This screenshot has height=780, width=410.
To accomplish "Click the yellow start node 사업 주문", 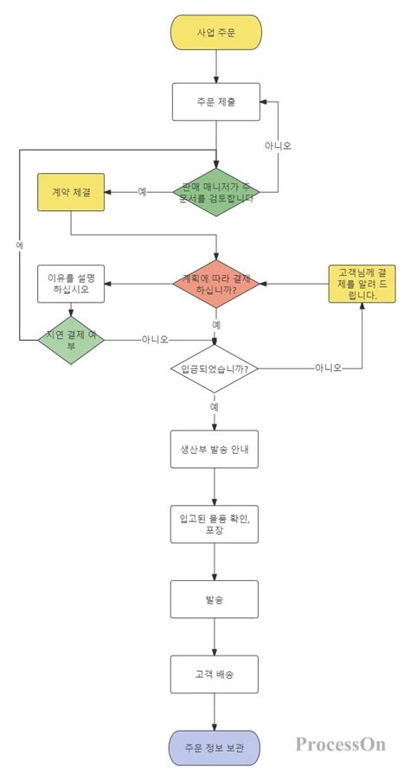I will click(215, 32).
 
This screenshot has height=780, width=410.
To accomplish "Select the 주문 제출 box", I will click(215, 104).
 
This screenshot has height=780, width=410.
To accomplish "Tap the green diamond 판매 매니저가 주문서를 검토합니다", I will click(215, 191).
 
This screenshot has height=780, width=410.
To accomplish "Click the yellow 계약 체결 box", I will click(71, 191).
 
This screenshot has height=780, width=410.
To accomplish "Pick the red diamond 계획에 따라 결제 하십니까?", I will click(215, 284).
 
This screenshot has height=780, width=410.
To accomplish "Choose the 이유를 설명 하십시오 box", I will click(71, 285).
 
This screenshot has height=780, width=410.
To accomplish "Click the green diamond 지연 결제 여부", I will click(71, 339).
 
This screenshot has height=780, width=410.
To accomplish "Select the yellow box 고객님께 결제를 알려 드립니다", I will click(362, 283).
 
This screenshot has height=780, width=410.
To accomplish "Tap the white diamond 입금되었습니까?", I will click(215, 369).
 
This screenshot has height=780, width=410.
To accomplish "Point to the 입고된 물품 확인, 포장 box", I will click(215, 523).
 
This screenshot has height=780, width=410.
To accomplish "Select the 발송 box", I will click(215, 598).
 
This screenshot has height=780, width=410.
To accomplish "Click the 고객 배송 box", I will click(215, 672).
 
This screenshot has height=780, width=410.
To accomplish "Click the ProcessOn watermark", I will click(340, 744).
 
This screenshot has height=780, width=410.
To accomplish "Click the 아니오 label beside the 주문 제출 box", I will click(278, 145).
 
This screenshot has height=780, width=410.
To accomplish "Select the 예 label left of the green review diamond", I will click(142, 191).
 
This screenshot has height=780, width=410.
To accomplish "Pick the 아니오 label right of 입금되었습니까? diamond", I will click(328, 369).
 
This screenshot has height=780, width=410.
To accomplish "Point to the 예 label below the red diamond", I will click(215, 324).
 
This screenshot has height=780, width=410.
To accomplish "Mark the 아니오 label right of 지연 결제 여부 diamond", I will click(155, 339).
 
